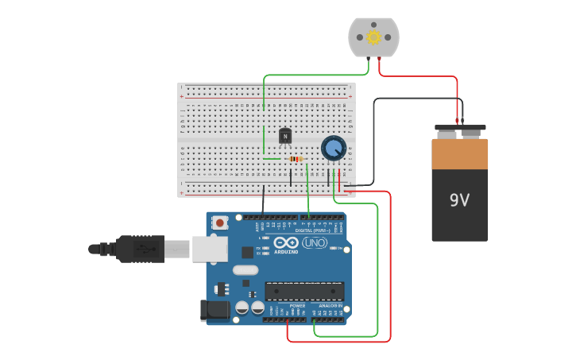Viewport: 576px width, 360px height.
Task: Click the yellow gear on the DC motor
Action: point(373,37)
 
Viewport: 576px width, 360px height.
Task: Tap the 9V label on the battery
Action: point(459,200)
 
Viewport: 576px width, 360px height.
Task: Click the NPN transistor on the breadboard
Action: point(285,137)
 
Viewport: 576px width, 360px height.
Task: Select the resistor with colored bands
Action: point(296,159)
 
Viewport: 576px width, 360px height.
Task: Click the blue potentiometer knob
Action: point(334,148)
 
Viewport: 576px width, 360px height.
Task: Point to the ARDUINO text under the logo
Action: point(287,251)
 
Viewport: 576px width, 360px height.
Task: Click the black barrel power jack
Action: point(216,309)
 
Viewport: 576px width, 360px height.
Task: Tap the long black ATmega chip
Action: point(304,291)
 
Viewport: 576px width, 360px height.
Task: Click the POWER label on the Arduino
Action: point(297,305)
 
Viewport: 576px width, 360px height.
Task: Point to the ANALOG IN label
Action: point(331,305)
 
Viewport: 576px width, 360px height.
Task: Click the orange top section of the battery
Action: point(460,153)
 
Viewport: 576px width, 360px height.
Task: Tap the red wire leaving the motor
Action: point(421,77)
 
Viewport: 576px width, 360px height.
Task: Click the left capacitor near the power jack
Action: point(243,307)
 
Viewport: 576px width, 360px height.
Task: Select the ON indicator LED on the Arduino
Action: point(333,248)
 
